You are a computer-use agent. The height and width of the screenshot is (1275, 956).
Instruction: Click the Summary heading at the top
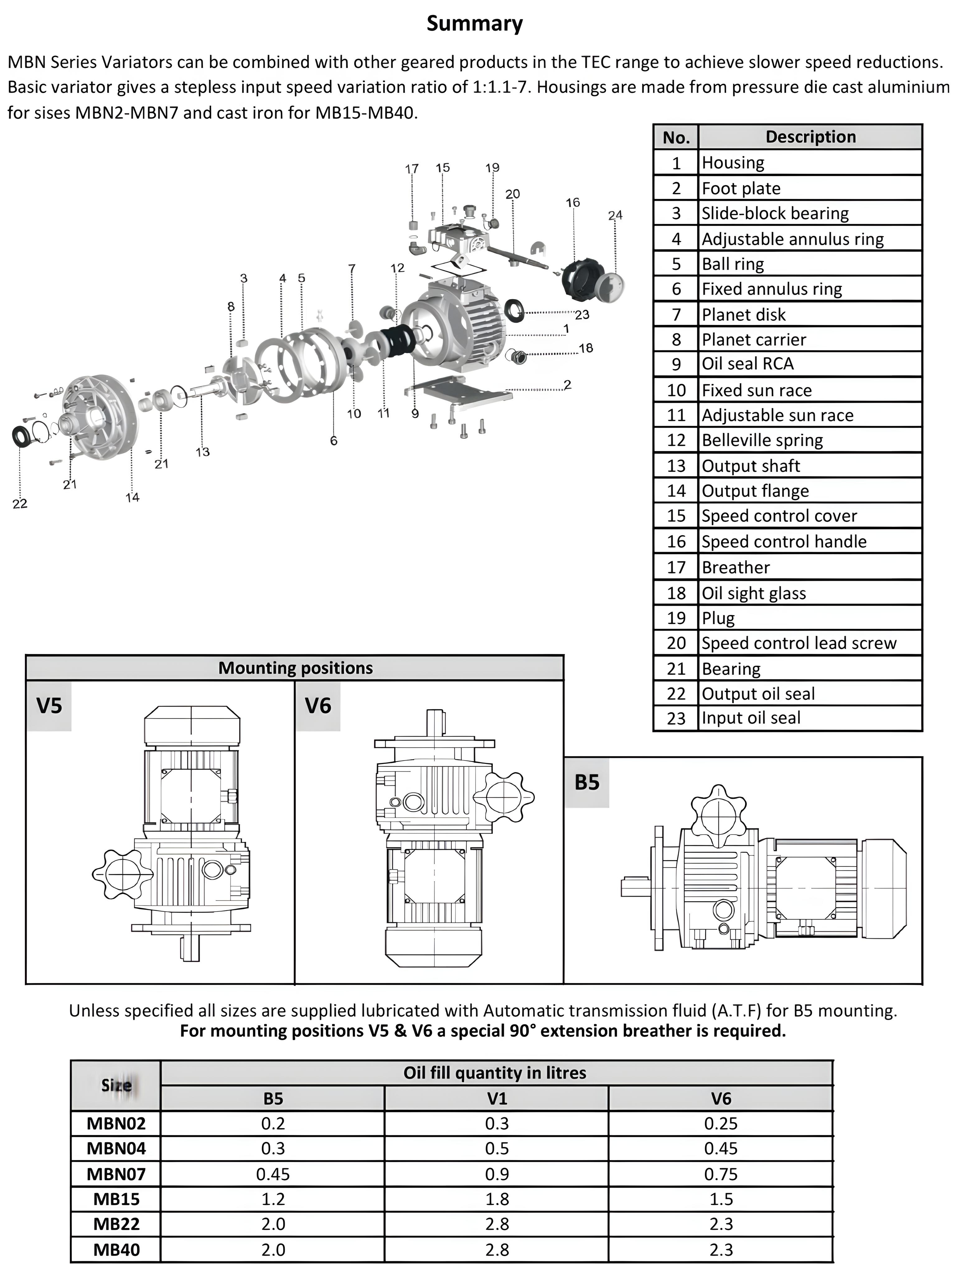click(474, 24)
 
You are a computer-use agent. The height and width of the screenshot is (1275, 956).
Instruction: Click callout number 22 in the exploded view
click(20, 504)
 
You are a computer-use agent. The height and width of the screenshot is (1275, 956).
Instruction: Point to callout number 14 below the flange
click(133, 497)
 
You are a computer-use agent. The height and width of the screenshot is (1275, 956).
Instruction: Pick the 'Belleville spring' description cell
click(762, 440)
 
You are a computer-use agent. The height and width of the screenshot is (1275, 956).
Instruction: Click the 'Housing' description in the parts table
click(733, 162)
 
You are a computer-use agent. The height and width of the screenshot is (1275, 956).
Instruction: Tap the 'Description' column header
click(810, 137)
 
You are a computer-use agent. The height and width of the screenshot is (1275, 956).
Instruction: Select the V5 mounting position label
click(49, 706)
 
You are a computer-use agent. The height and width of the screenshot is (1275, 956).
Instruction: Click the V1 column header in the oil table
click(497, 1099)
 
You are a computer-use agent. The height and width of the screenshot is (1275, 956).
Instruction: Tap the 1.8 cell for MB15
click(497, 1199)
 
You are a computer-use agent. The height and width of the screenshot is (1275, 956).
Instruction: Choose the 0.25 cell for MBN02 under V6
click(720, 1123)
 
